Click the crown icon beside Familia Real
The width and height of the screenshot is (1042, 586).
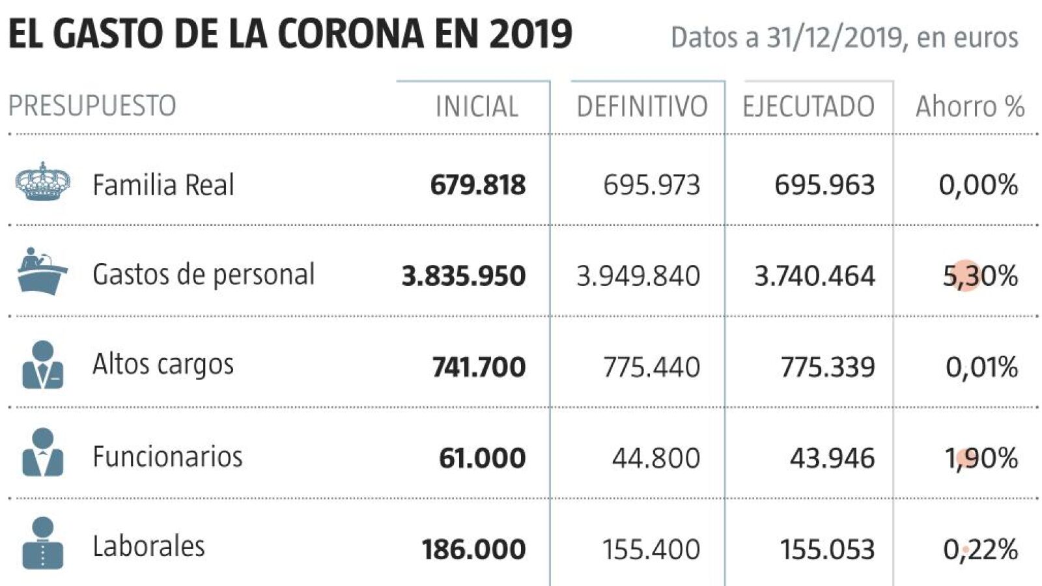click(43, 182)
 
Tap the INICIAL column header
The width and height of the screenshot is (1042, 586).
click(477, 107)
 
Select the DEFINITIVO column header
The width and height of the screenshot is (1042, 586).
click(641, 107)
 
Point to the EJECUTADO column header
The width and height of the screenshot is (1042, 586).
click(808, 107)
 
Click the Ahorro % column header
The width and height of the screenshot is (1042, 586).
click(970, 107)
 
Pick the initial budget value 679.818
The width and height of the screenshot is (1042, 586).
click(477, 186)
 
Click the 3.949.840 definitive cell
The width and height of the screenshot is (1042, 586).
click(638, 276)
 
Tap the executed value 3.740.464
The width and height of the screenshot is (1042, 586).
click(814, 276)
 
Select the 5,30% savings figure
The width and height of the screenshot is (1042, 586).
click(980, 276)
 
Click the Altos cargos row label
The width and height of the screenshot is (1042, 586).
click(163, 365)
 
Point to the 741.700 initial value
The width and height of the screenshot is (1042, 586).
click(479, 367)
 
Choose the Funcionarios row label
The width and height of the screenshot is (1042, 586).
click(167, 456)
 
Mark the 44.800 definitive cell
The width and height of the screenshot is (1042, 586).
click(656, 458)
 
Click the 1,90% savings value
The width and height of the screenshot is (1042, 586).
click(981, 458)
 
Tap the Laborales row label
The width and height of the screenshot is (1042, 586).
click(148, 546)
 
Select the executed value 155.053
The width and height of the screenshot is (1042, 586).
click(828, 550)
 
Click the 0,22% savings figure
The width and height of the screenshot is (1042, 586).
click(980, 550)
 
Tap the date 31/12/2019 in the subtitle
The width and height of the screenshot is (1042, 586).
click(836, 38)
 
